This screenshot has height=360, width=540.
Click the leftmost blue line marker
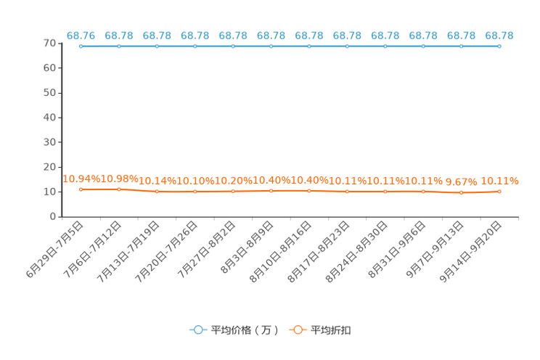tap(81, 46)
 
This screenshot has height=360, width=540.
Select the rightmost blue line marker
tap(499, 46)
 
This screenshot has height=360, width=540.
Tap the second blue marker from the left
tap(119, 46)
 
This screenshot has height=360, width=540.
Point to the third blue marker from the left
tap(157, 46)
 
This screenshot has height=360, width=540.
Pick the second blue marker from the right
tap(461, 46)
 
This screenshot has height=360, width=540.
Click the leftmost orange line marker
tap(81, 189)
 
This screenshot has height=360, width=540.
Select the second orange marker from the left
tap(119, 189)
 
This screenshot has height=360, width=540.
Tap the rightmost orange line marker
tap(499, 192)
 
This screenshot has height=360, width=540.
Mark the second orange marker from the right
tap(461, 193)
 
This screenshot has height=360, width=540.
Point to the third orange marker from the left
tap(157, 192)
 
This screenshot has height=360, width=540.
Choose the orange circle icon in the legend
tap(298, 330)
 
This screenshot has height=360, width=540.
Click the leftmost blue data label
tap(81, 35)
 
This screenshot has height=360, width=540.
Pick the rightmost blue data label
tap(499, 35)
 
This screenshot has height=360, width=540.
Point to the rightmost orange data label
tap(501, 181)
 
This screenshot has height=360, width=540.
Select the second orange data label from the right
tap(462, 183)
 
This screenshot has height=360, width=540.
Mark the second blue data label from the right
tap(461, 35)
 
